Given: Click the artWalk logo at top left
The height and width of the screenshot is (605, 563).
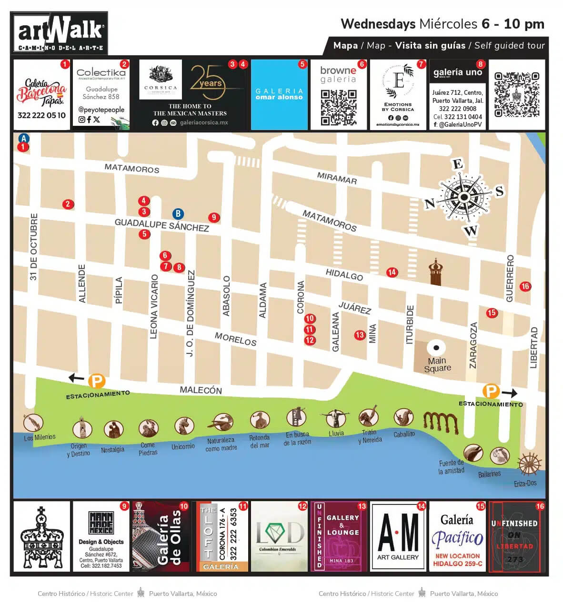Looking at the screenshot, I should click(x=60, y=33).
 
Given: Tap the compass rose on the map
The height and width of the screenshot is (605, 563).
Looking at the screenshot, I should click(x=464, y=197).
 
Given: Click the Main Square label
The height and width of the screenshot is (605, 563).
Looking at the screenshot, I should click(x=437, y=364).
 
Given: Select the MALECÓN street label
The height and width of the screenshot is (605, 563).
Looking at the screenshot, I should click(x=201, y=390).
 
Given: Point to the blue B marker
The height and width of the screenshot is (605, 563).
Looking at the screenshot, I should click(x=178, y=214).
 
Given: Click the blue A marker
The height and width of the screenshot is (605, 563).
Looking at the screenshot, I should click(x=23, y=139).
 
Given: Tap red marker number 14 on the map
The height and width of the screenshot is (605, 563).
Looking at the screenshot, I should click(x=392, y=272).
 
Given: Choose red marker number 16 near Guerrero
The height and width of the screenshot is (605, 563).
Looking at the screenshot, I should click(x=525, y=286).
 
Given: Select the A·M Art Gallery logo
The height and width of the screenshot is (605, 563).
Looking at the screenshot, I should click(x=398, y=536).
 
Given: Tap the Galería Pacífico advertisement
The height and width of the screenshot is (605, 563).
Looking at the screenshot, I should click(x=457, y=536).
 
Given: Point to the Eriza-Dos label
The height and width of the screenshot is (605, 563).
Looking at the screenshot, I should click(x=525, y=483).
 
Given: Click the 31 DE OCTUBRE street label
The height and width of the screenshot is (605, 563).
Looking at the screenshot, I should click(x=33, y=247).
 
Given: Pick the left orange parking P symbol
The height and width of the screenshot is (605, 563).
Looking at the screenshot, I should click(x=97, y=381).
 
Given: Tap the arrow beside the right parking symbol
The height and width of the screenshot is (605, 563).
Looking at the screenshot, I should click(x=509, y=393).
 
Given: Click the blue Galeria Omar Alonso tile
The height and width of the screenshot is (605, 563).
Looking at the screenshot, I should click(x=279, y=94).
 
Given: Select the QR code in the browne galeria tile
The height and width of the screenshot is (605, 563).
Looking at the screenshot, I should click(x=338, y=107).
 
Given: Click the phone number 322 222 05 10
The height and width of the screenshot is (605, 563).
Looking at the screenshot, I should click(x=41, y=115).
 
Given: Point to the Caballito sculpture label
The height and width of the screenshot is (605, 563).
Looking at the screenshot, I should click(x=404, y=434).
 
